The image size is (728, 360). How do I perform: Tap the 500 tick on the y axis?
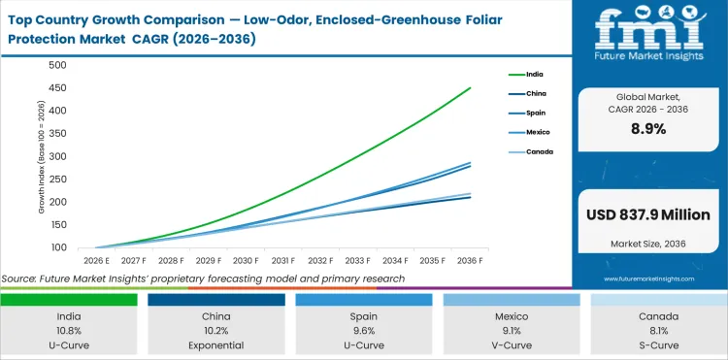tap(56, 65)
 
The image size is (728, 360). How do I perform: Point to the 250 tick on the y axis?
tap(56, 180)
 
